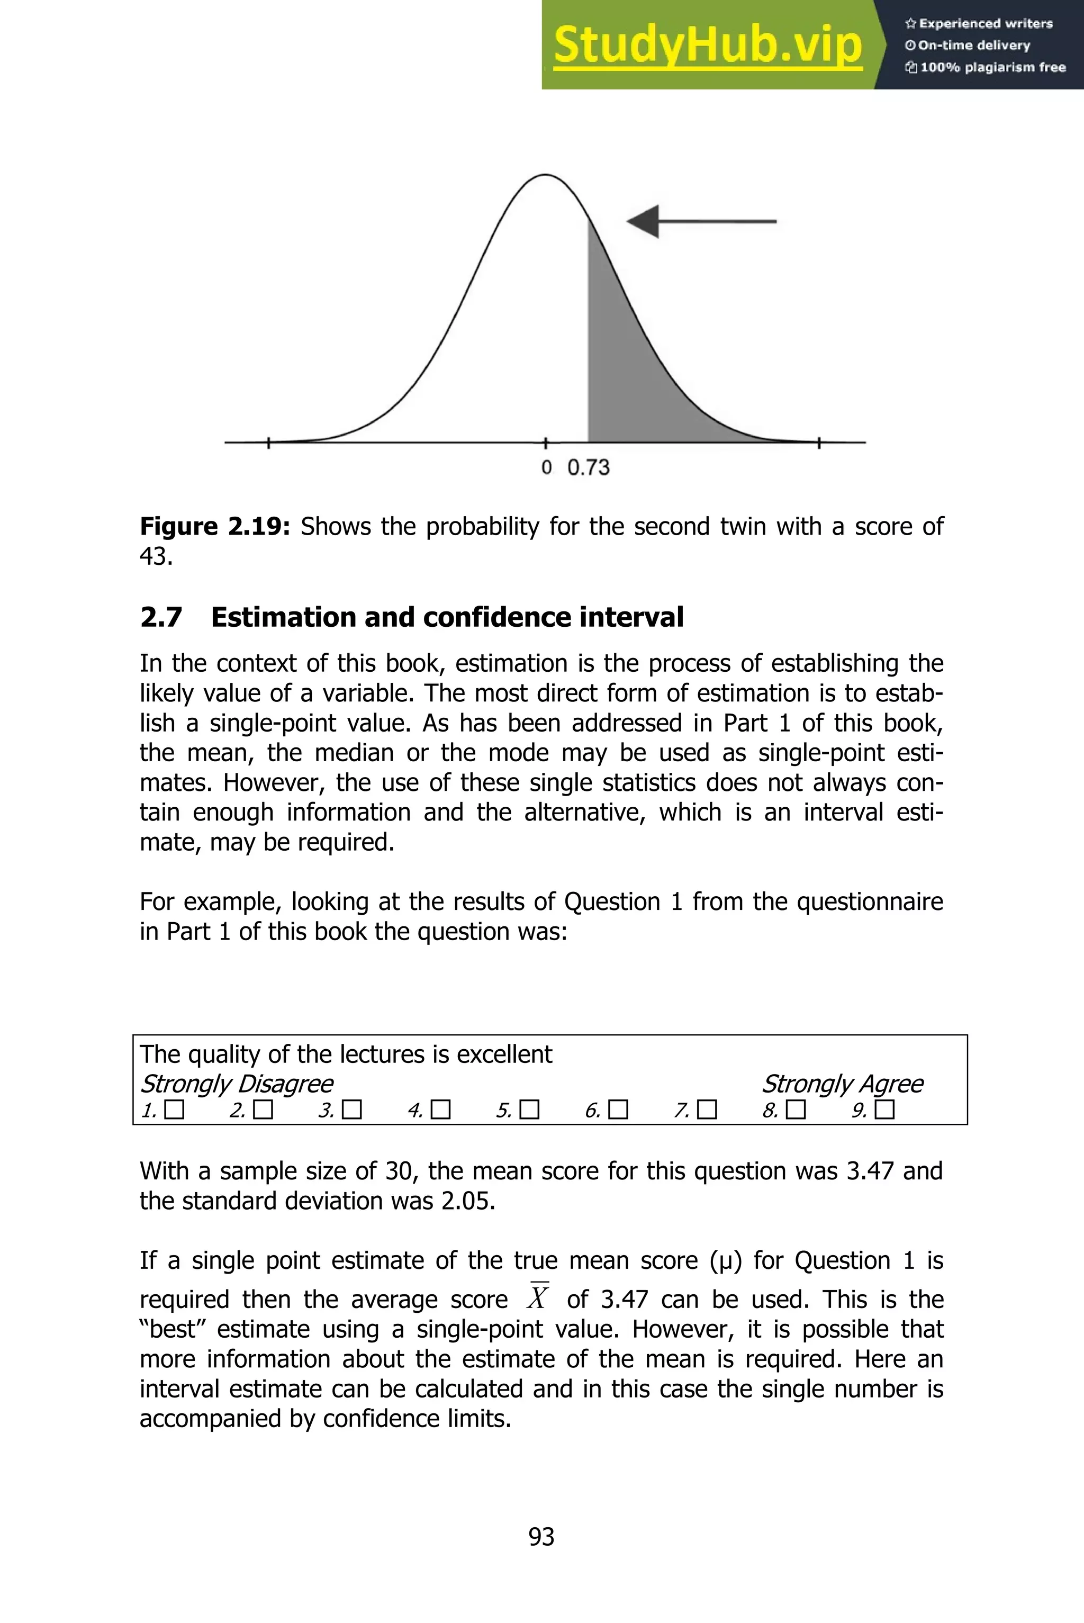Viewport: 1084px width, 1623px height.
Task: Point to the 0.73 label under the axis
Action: [589, 468]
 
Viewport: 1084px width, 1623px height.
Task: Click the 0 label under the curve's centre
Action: [546, 468]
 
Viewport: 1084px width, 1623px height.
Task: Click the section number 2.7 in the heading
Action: [161, 617]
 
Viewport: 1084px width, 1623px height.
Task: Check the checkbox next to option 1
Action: [175, 1110]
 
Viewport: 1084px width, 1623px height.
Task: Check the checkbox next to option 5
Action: [529, 1110]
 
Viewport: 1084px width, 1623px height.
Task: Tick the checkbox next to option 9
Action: [885, 1110]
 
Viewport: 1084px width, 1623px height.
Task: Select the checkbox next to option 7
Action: [707, 1110]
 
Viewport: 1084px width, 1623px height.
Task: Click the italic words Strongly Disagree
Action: [237, 1083]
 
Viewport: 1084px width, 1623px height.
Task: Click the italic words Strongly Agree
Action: [842, 1083]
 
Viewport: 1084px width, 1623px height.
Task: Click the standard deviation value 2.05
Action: [467, 1201]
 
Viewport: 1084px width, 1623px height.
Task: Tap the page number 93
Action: [541, 1536]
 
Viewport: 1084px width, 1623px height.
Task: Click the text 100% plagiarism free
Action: [985, 67]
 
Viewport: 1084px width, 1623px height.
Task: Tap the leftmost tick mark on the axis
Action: [269, 443]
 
